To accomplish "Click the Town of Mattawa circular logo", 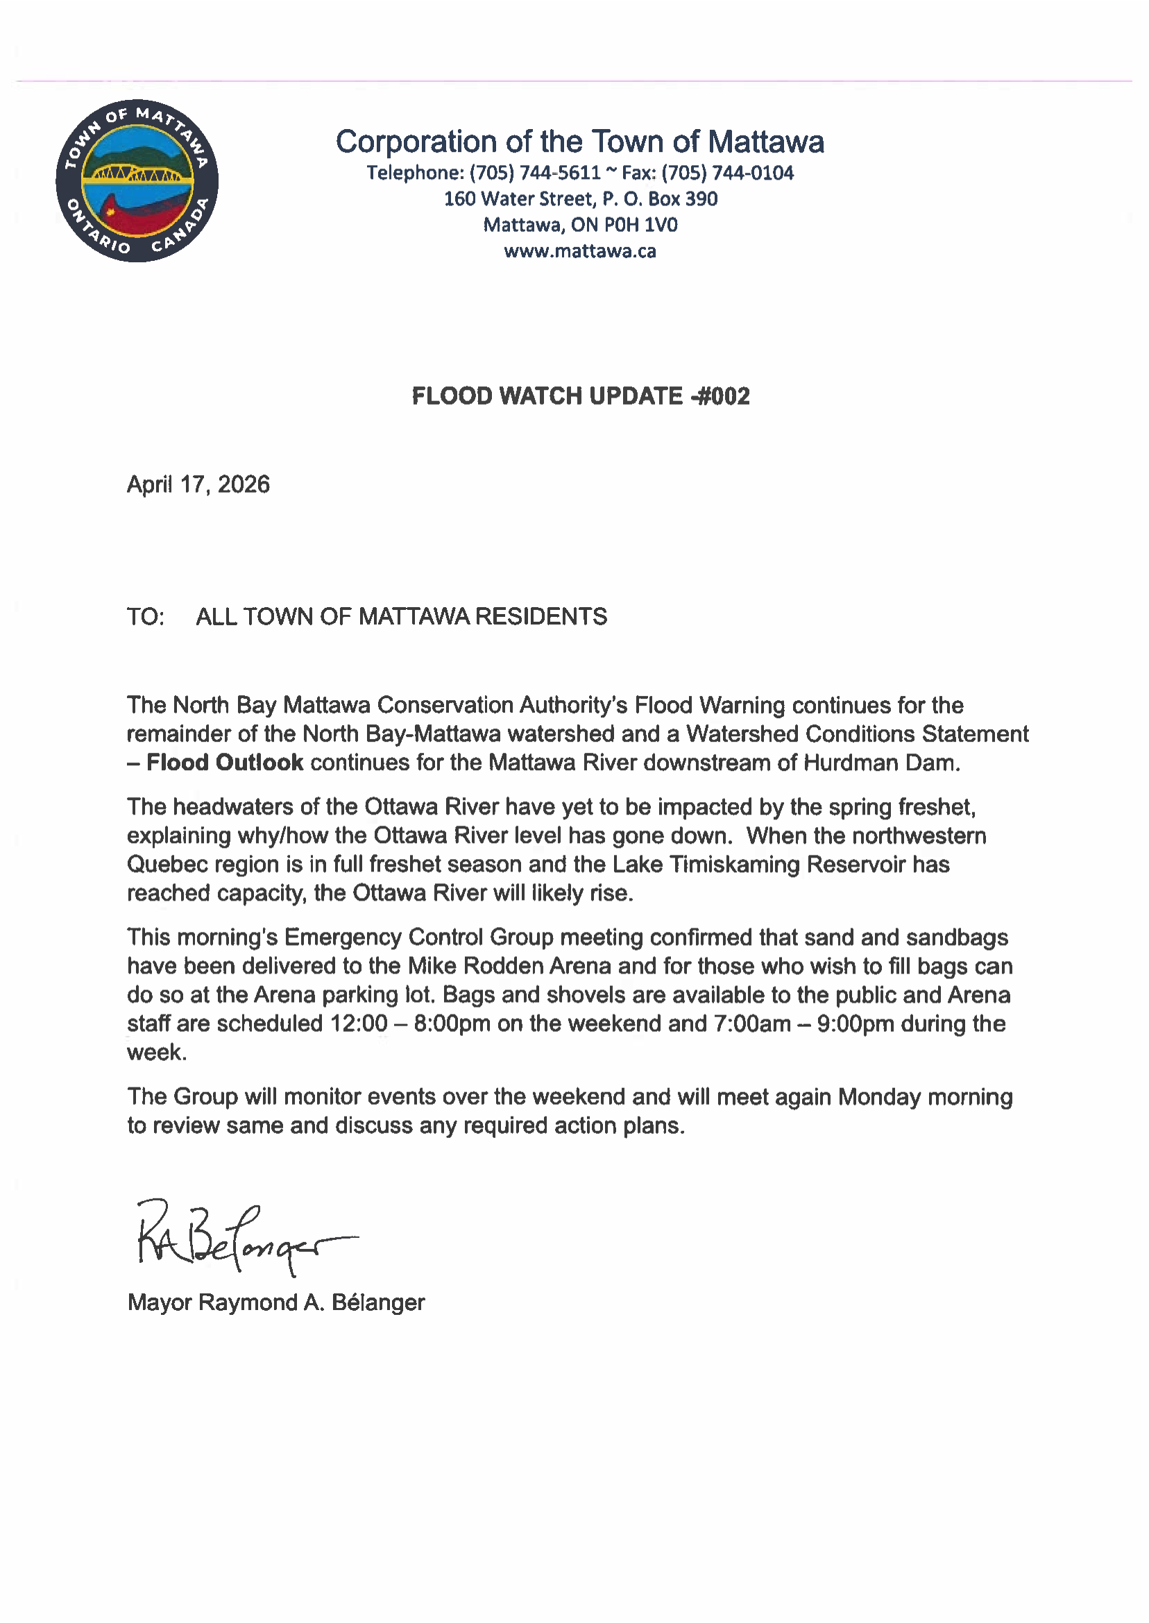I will tap(137, 180).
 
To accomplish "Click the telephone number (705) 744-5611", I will tap(535, 173).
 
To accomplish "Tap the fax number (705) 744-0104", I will tap(727, 173).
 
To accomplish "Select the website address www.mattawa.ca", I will tap(580, 251).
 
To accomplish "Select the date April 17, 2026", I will tap(198, 484).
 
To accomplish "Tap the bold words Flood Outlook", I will tap(225, 763).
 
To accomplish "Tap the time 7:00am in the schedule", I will tap(752, 1023).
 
